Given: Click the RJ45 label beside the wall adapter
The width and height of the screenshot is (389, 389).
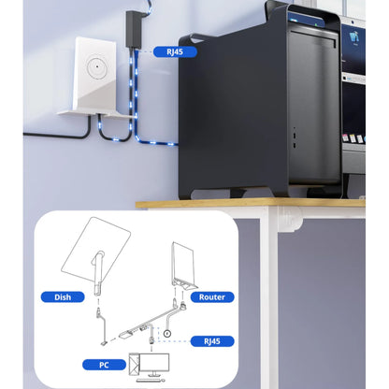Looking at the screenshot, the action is pos(175,51).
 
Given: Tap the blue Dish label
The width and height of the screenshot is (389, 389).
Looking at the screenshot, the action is pos(63,297).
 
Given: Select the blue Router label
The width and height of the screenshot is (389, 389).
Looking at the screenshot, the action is pos(212,297).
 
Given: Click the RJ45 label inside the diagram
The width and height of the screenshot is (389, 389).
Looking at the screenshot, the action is pos(212,341).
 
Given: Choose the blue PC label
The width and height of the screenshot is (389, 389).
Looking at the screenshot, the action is pos(104,365).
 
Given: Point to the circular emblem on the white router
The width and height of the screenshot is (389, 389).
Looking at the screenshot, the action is pos(97,66).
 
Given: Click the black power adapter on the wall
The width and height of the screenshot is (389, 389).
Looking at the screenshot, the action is pos(134,29).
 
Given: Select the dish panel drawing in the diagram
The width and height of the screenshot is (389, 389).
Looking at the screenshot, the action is pos(95,249).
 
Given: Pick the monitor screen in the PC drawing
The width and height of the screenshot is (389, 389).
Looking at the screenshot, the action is pos(154,363).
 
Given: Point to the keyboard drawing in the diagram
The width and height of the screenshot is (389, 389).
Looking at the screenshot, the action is pos(149,381).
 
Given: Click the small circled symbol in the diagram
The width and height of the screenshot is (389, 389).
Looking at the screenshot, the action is pos(167,334).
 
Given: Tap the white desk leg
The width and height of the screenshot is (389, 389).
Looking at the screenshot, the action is pos(265,296).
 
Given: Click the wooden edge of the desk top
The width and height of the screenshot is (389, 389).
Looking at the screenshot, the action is pos(251,204).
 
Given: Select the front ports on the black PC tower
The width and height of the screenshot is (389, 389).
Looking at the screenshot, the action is pos(295,137).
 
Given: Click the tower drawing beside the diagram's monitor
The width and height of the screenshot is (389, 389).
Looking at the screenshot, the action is pos(134,363).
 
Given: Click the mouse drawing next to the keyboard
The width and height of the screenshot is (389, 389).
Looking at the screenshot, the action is pos(164,381).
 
